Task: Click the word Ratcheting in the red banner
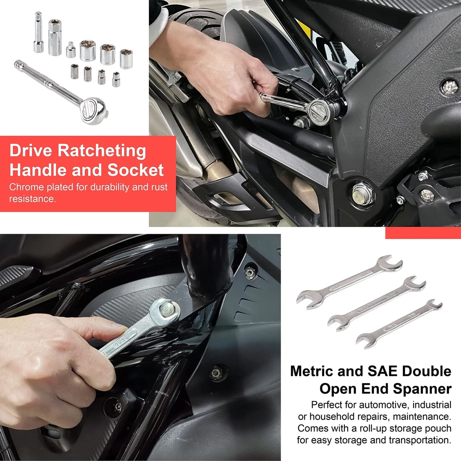[x=102, y=151]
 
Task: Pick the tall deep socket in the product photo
[x=55, y=37]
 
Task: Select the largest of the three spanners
[x=349, y=282]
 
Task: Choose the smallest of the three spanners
[x=399, y=324]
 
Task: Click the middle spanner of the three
[x=377, y=303]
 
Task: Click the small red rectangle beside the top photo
[x=423, y=232]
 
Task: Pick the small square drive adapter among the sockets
[x=71, y=50]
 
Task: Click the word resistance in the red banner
[x=32, y=199]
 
